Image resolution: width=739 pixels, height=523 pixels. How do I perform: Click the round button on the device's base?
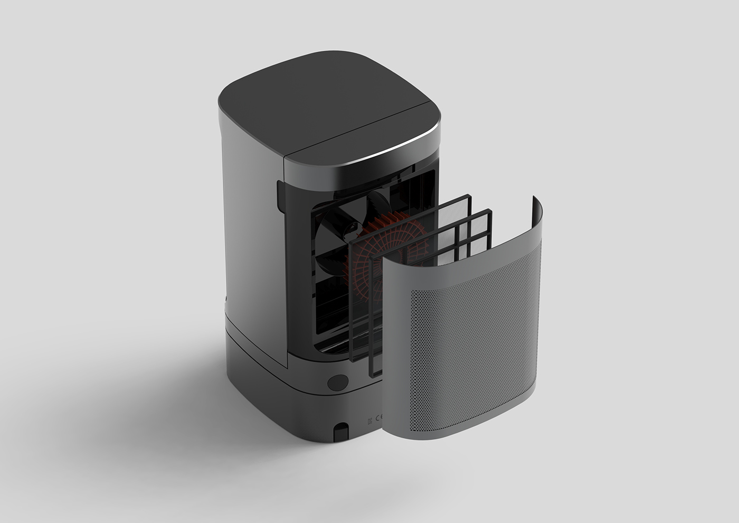(337, 382)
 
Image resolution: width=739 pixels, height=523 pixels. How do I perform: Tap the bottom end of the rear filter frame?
(349, 359)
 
